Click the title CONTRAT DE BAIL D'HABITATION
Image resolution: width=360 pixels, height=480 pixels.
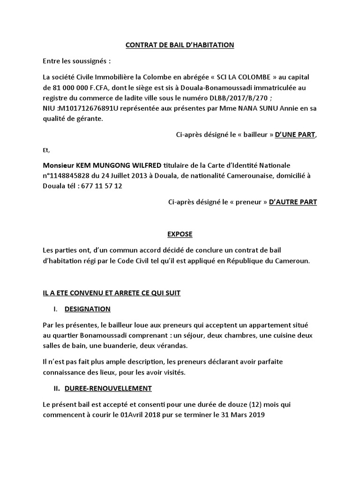coord(180,45)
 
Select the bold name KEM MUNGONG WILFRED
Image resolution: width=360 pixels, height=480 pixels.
coord(114,165)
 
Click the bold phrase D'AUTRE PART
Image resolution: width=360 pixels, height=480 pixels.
coord(292,202)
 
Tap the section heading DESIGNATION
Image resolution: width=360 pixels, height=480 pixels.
coord(87,309)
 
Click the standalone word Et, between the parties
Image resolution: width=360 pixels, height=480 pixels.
coord(45,150)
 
